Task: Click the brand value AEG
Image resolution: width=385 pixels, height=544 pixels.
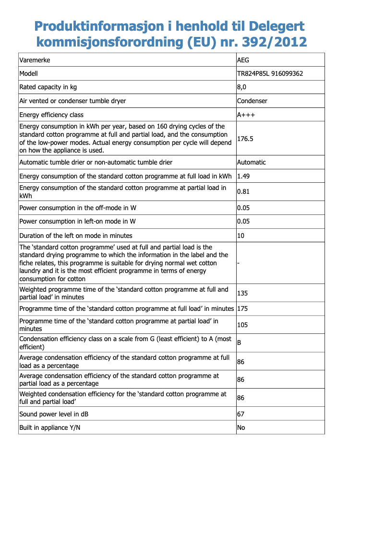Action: (243, 60)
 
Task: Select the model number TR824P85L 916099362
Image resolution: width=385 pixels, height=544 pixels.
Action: (270, 74)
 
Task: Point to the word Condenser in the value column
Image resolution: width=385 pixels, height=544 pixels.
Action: (252, 101)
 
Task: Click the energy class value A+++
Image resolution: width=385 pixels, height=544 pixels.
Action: (246, 115)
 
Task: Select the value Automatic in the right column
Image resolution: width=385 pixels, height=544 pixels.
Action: (252, 162)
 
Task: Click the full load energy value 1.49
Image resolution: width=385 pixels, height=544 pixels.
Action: (243, 176)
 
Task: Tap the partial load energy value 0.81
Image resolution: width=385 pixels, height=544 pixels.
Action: (243, 192)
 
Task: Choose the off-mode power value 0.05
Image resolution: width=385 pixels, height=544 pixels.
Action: (243, 208)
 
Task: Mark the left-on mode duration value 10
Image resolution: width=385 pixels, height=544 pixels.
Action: (241, 236)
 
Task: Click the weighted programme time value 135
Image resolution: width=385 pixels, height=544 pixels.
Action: (242, 293)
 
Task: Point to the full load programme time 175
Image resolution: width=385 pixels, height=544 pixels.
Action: (242, 308)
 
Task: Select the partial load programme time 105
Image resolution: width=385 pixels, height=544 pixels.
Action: (242, 325)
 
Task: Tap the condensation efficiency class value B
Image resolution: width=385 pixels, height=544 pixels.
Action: (239, 343)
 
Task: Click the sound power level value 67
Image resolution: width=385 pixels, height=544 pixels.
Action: (241, 414)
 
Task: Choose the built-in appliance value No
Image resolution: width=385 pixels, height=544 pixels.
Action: (241, 427)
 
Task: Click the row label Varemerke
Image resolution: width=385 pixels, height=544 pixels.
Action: (35, 60)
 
